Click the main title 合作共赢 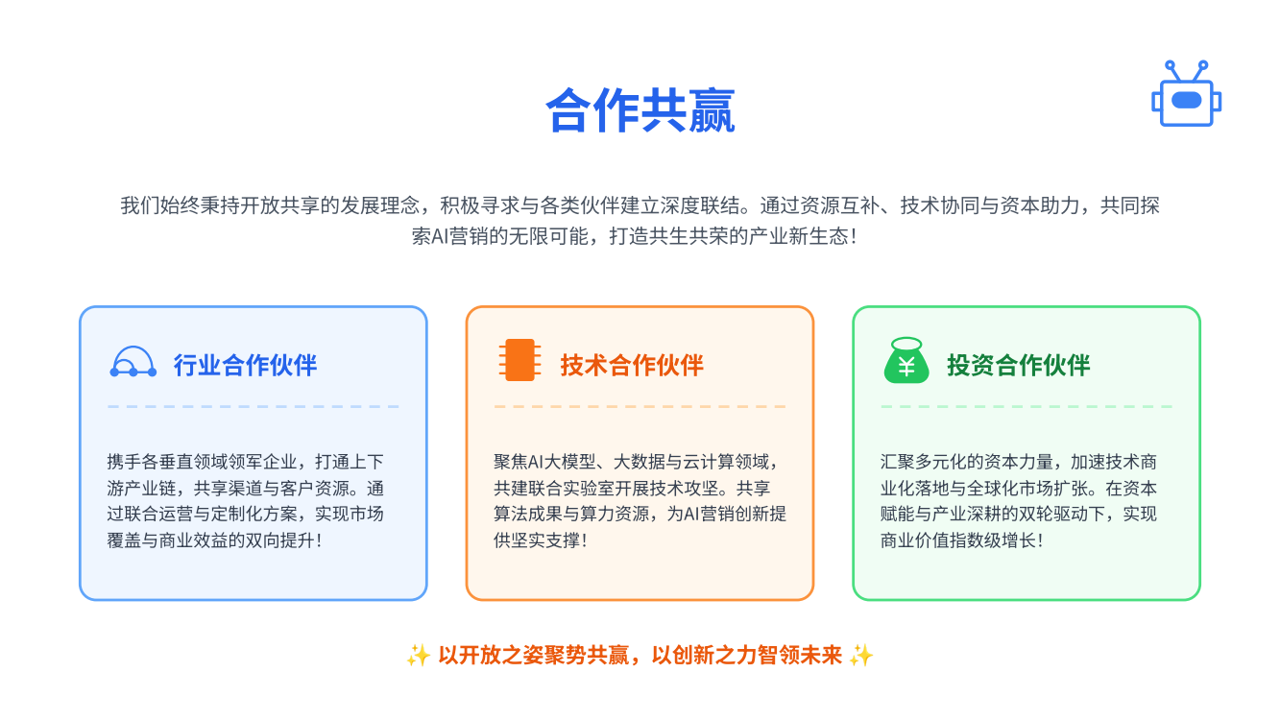(640, 110)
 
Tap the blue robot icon (1186, 93)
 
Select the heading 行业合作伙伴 (245, 365)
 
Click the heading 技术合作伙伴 (632, 365)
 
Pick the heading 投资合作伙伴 (1018, 365)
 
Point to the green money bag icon (906, 361)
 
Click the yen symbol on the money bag (906, 367)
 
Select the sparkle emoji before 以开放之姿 (419, 656)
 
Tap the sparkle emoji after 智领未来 (861, 656)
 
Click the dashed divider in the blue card (254, 406)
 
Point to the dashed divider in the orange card (640, 406)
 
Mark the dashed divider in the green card (1026, 406)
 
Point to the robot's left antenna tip (1170, 65)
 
